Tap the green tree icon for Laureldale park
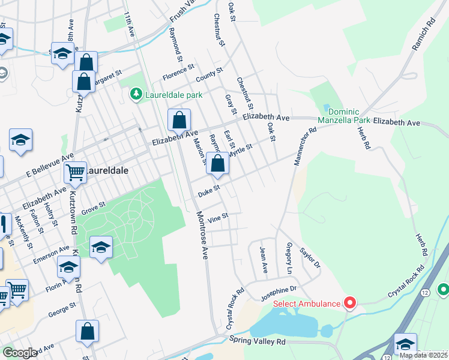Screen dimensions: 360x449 tap(136, 95)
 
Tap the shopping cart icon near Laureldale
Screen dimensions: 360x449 tap(75, 173)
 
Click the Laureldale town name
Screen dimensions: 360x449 tap(106, 170)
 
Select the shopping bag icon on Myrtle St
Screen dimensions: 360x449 tap(217, 163)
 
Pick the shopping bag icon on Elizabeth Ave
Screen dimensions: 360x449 tap(179, 120)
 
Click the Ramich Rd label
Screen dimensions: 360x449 tap(423, 37)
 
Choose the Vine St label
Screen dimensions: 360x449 tap(218, 218)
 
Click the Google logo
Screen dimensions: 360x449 tap(20, 352)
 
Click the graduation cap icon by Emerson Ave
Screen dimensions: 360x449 tap(101, 247)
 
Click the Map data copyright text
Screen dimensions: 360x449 tap(424, 355)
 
